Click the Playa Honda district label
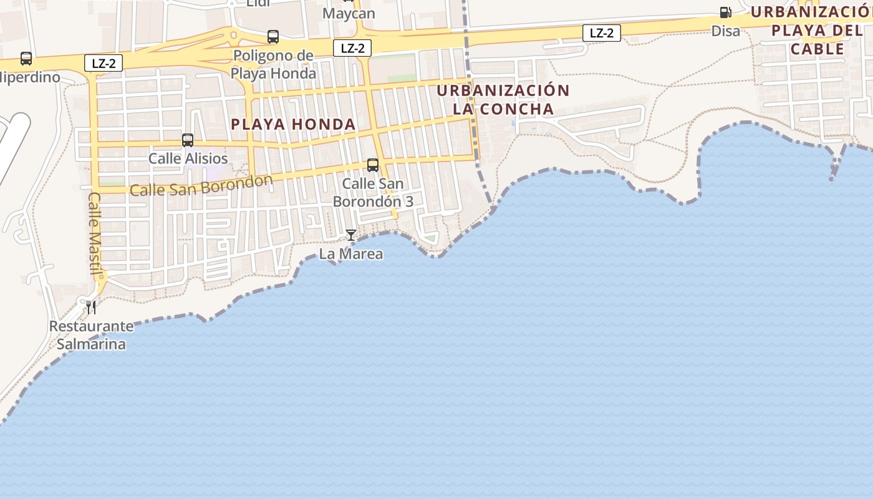pyautogui.click(x=293, y=124)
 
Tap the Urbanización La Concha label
pyautogui.click(x=503, y=100)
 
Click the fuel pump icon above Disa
pyautogui.click(x=725, y=12)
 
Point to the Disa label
pyautogui.click(x=726, y=31)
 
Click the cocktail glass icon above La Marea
pyautogui.click(x=351, y=235)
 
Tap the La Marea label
pyautogui.click(x=351, y=254)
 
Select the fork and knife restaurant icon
pyautogui.click(x=91, y=307)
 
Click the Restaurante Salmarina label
pyautogui.click(x=91, y=335)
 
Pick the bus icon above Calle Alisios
pyautogui.click(x=188, y=140)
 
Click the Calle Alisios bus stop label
pyautogui.click(x=188, y=158)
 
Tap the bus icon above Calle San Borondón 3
pyautogui.click(x=373, y=165)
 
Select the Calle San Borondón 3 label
pyautogui.click(x=373, y=193)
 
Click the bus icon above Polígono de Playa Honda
pyautogui.click(x=273, y=37)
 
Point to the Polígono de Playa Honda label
pyautogui.click(x=273, y=64)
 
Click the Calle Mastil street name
pyautogui.click(x=95, y=233)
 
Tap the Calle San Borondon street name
pyautogui.click(x=201, y=186)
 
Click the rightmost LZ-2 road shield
pyautogui.click(x=602, y=33)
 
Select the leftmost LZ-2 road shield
pyautogui.click(x=104, y=62)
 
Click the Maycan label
pyautogui.click(x=349, y=13)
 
